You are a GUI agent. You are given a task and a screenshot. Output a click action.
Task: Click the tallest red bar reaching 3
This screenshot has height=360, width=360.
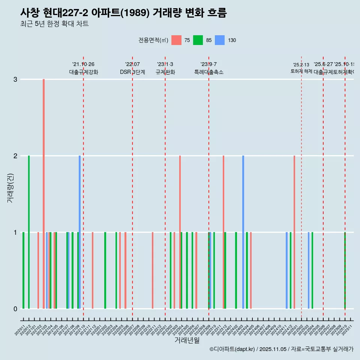tap(43, 193)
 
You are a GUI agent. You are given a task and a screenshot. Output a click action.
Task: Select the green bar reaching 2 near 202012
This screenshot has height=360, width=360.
tap(29, 232)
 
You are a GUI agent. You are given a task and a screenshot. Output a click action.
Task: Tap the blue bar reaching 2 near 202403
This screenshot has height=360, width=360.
tap(243, 232)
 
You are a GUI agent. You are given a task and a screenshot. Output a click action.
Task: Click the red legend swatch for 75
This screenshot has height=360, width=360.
tap(176, 40)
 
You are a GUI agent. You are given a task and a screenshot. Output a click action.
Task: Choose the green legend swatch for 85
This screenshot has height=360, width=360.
tap(198, 40)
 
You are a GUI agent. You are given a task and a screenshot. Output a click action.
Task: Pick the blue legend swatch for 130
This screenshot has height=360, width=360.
tap(220, 40)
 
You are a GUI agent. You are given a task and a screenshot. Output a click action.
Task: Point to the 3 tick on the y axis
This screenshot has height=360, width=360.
tap(15, 79)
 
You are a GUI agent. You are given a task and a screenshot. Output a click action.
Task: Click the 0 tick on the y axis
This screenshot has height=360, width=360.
tap(15, 309)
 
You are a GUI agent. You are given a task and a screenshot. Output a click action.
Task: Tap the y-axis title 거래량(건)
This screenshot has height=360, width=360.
tap(10, 187)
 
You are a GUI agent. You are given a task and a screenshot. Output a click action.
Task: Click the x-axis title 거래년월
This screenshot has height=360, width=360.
tap(187, 340)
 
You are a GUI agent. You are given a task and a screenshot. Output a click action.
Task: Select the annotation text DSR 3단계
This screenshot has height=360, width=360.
tap(132, 72)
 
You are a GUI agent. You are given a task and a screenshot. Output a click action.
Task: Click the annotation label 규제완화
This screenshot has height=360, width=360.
tap(165, 72)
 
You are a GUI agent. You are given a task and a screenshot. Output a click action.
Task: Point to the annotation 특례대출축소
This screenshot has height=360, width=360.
tap(208, 72)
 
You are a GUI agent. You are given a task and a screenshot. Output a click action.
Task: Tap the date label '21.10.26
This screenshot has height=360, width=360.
tap(83, 64)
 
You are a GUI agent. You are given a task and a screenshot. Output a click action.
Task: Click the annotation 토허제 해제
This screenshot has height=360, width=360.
tap(301, 71)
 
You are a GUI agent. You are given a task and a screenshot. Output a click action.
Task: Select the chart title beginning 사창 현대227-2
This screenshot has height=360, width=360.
tap(123, 13)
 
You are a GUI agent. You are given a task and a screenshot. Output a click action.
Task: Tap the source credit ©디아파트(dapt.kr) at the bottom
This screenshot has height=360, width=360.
tap(281, 349)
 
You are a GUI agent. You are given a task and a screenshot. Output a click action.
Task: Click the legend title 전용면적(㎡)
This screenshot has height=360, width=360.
tap(153, 40)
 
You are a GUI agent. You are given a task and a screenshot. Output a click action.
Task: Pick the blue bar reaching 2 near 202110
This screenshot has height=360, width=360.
tap(79, 232)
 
